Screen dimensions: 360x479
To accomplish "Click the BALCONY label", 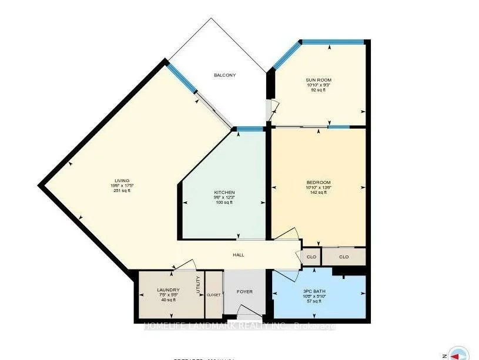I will point(225,75).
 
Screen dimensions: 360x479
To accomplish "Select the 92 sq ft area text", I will point(319,90).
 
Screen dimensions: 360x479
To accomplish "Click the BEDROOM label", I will point(319,182).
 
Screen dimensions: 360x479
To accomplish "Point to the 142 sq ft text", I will point(319,193).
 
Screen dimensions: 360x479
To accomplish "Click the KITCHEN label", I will point(225,193).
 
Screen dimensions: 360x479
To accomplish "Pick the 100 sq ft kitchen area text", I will point(225,203).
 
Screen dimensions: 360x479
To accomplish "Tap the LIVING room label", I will point(122,180).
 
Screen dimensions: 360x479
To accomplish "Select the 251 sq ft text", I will point(122,191).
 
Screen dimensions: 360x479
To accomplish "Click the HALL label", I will point(237,255).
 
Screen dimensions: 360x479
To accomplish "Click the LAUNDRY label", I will point(168,290).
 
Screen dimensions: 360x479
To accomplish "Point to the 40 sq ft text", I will point(168,300).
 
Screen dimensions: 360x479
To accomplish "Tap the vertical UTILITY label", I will point(199,286).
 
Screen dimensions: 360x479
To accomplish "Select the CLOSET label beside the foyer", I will point(214,295).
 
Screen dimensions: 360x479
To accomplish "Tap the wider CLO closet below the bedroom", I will point(344,257).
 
